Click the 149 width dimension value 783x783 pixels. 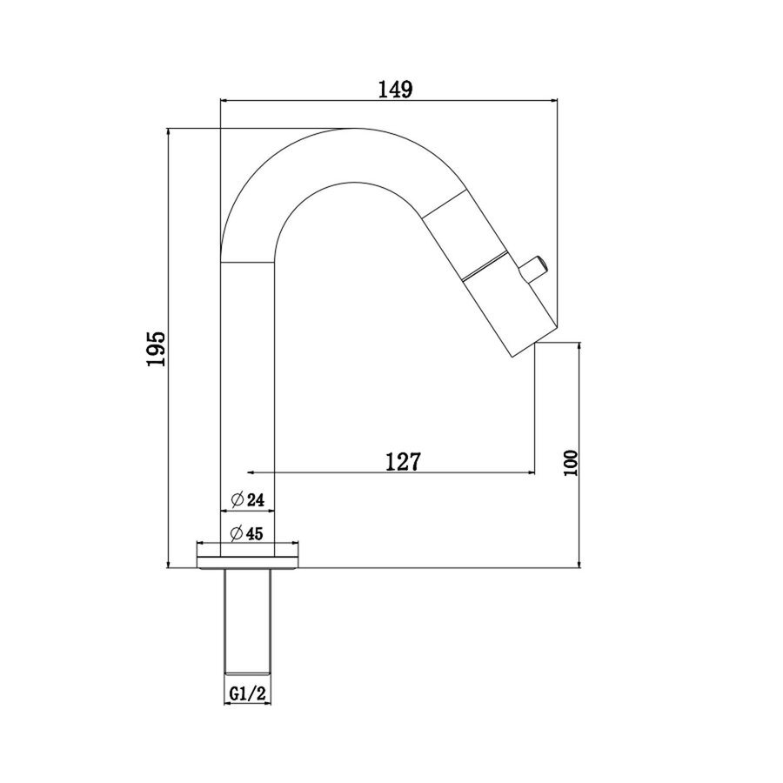388,89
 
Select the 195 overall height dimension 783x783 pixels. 157,349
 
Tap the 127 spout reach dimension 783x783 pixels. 403,461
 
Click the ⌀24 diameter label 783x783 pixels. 248,499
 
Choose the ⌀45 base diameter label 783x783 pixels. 248,532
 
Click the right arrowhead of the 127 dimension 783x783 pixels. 530,472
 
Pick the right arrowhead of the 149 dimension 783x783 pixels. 553,101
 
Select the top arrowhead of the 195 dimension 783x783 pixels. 167,132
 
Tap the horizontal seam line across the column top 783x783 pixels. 248,262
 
